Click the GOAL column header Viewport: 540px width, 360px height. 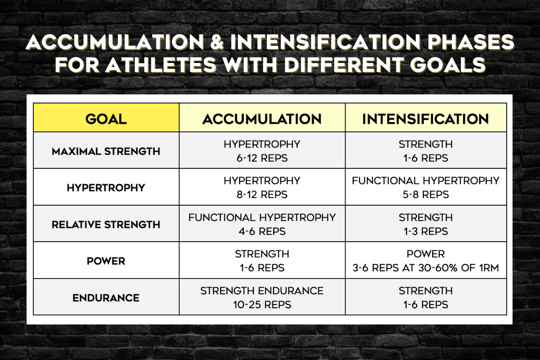[106, 119]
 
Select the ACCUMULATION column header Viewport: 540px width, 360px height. [262, 119]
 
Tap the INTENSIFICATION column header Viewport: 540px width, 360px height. [426, 119]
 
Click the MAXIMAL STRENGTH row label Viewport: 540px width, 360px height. [106, 151]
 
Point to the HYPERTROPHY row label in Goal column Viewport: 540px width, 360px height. [106, 188]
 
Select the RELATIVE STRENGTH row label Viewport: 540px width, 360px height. [106, 225]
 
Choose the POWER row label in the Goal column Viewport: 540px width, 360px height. [106, 261]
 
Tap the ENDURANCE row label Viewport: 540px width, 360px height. [106, 298]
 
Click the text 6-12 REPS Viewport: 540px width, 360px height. [262, 158]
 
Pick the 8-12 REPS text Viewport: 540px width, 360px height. [262, 194]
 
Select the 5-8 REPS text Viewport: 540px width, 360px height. [426, 194]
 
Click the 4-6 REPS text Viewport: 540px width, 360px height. [262, 231]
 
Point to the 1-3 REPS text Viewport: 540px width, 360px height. [426, 231]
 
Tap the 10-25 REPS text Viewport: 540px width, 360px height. [262, 305]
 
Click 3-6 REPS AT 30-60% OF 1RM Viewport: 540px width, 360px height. [426, 268]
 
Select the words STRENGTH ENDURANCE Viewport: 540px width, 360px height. [262, 291]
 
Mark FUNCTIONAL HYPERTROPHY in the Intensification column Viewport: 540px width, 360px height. [426, 181]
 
